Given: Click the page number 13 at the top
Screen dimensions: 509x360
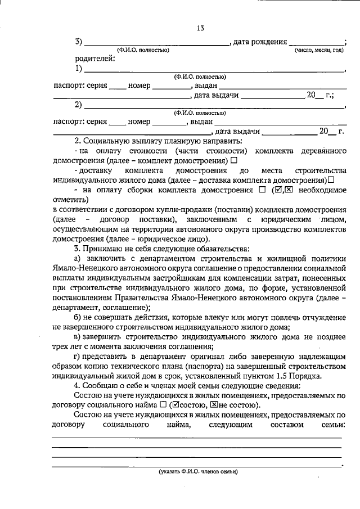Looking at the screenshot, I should coord(200,28).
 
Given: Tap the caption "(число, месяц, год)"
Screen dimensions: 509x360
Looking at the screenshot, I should coord(319,51).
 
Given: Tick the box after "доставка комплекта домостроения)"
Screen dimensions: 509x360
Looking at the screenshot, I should coord(331,181).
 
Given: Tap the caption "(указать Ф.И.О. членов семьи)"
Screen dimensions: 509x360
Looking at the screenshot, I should coord(198,472).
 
